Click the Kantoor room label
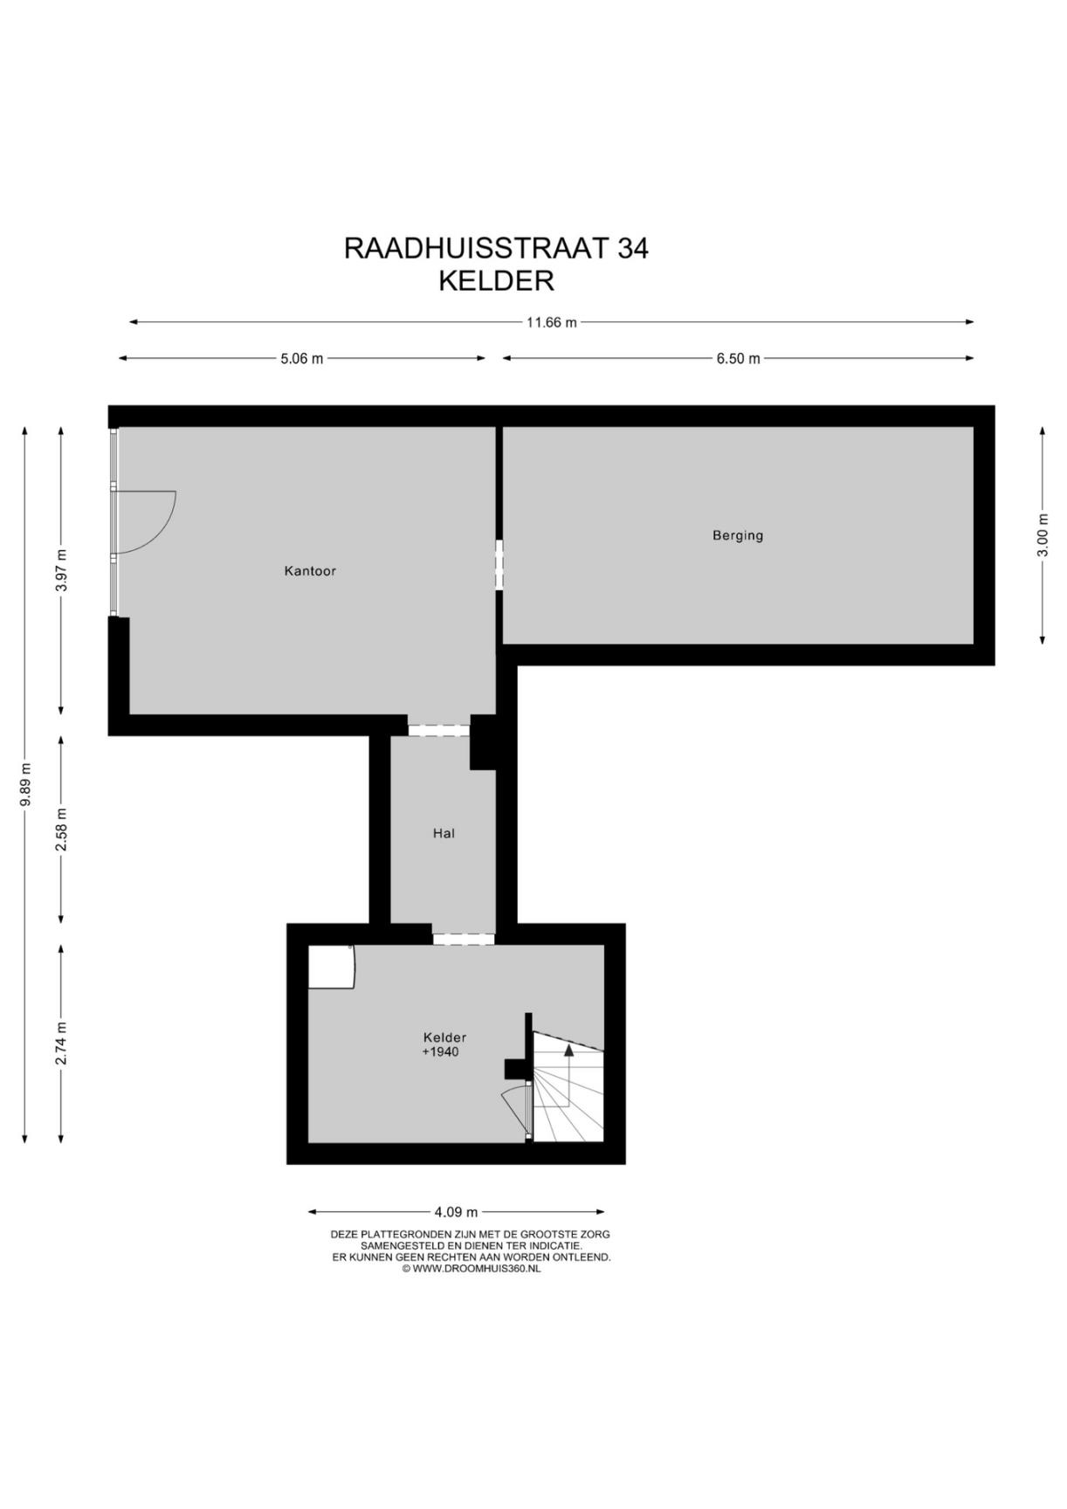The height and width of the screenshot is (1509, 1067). click(x=310, y=571)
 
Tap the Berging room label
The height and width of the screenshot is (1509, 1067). click(x=738, y=536)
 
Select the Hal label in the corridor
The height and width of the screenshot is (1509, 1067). click(x=444, y=833)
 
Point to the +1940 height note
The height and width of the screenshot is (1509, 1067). click(x=440, y=1052)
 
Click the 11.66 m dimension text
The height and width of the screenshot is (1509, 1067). click(x=551, y=322)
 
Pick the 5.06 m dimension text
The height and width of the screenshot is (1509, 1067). click(x=301, y=359)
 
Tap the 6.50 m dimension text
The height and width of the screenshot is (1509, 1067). click(x=738, y=359)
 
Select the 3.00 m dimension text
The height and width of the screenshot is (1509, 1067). click(x=1043, y=535)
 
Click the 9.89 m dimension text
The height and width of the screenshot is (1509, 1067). click(x=25, y=784)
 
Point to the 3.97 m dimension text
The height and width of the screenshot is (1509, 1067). click(x=61, y=570)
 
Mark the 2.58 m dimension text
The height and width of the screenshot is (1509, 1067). click(x=61, y=830)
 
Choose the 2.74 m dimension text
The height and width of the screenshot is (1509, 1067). click(x=61, y=1044)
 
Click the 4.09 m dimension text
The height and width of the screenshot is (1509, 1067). click(x=456, y=1212)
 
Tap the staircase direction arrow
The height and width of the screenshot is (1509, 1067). click(x=568, y=1078)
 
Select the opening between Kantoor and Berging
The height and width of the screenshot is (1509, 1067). click(x=499, y=565)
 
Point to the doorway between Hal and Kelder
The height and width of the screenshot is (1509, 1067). click(x=464, y=939)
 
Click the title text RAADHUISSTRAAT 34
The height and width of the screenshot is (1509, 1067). click(x=496, y=249)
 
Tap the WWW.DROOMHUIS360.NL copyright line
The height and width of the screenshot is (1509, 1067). click(x=471, y=1269)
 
